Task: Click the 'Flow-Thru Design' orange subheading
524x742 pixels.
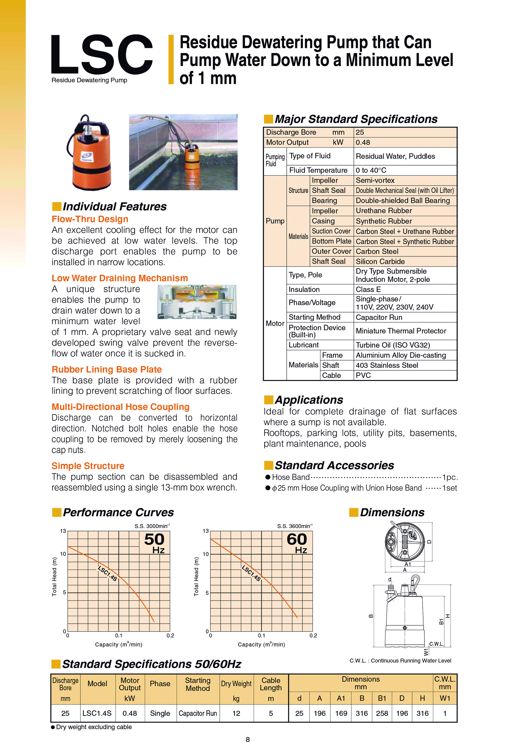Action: pyautogui.click(x=90, y=219)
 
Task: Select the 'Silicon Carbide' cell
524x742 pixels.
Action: pyautogui.click(x=380, y=261)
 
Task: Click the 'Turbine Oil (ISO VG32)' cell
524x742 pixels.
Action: pyautogui.click(x=393, y=345)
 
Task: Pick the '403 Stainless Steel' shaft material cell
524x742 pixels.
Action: pyautogui.click(x=387, y=365)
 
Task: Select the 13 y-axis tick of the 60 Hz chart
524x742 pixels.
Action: pyautogui.click(x=206, y=531)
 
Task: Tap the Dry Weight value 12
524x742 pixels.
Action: pyautogui.click(x=236, y=713)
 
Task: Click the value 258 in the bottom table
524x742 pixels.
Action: pyautogui.click(x=382, y=713)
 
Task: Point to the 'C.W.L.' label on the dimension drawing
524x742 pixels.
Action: pyautogui.click(x=436, y=644)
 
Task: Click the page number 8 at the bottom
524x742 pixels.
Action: pyautogui.click(x=248, y=739)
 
